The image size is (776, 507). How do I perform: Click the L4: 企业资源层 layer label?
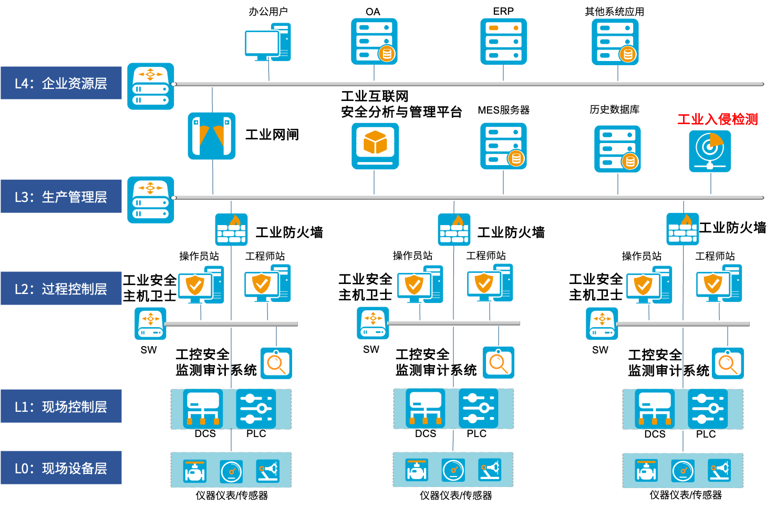click(61, 83)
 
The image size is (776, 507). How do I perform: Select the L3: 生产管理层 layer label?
click(61, 197)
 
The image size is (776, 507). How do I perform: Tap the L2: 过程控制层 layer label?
click(61, 289)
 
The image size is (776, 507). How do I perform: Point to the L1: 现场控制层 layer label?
click(61, 407)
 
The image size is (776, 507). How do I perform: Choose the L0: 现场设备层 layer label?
click(61, 468)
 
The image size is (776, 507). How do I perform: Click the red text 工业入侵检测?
click(717, 119)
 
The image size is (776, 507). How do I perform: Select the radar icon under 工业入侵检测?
click(710, 151)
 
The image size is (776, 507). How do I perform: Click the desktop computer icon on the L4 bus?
click(267, 43)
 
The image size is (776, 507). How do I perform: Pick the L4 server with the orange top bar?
click(503, 42)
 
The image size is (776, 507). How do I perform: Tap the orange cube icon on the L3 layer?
click(375, 146)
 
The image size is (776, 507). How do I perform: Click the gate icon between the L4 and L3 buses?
click(212, 136)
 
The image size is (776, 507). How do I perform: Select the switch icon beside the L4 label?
click(151, 86)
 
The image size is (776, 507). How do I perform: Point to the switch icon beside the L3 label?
click(151, 200)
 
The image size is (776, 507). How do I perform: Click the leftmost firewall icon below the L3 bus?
click(231, 229)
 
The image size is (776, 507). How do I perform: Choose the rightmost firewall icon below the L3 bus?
click(682, 229)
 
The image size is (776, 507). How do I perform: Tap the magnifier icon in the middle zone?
click(498, 362)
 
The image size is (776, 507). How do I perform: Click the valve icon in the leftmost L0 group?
click(194, 471)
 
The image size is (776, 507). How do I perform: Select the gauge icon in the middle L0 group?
click(453, 470)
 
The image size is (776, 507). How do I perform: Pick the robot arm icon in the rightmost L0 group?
click(719, 470)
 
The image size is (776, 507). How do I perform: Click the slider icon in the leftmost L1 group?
click(256, 409)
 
